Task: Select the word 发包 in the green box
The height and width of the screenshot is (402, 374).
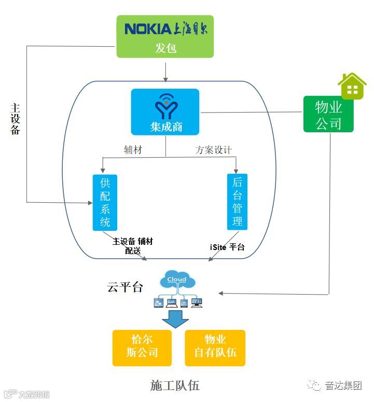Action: [x=165, y=48]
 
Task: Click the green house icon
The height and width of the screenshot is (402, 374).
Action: [x=352, y=86]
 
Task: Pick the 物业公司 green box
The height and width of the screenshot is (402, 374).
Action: [x=328, y=115]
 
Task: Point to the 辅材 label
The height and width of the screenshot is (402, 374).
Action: [x=133, y=150]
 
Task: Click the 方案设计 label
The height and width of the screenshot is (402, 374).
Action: [x=213, y=150]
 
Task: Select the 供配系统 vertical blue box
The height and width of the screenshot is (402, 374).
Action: [x=105, y=202]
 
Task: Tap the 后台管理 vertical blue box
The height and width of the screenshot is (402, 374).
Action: [x=237, y=202]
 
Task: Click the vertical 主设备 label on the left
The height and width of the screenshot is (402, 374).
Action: [x=16, y=118]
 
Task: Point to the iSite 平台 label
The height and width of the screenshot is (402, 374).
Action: [x=227, y=247]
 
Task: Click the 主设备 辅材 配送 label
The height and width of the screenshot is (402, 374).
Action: [x=133, y=246]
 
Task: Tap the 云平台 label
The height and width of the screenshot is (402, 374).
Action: [x=125, y=287]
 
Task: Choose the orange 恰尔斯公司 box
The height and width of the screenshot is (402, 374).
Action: [x=142, y=347]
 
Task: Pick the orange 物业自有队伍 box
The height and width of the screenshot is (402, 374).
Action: [x=215, y=347]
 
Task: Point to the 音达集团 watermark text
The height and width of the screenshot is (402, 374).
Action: [x=343, y=385]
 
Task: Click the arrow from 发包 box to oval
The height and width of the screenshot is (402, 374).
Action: [x=165, y=71]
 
